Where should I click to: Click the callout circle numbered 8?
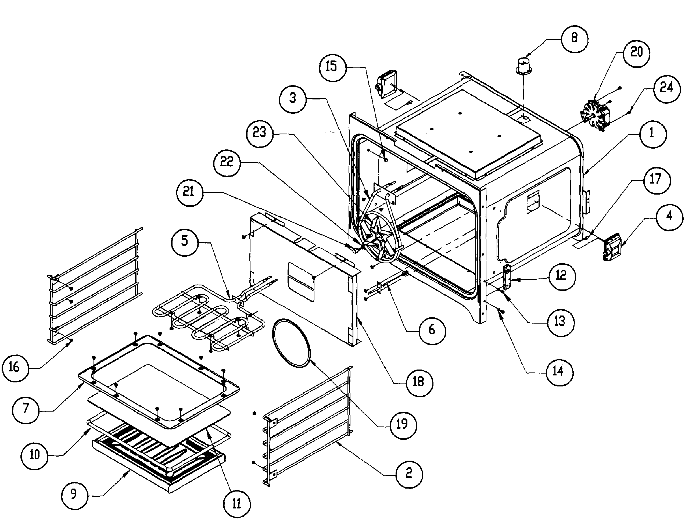point(575,38)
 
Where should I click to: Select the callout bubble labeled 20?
point(636,52)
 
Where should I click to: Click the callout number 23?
point(259,133)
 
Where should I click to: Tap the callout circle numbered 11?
point(237,504)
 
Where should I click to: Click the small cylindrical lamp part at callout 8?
point(523,66)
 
